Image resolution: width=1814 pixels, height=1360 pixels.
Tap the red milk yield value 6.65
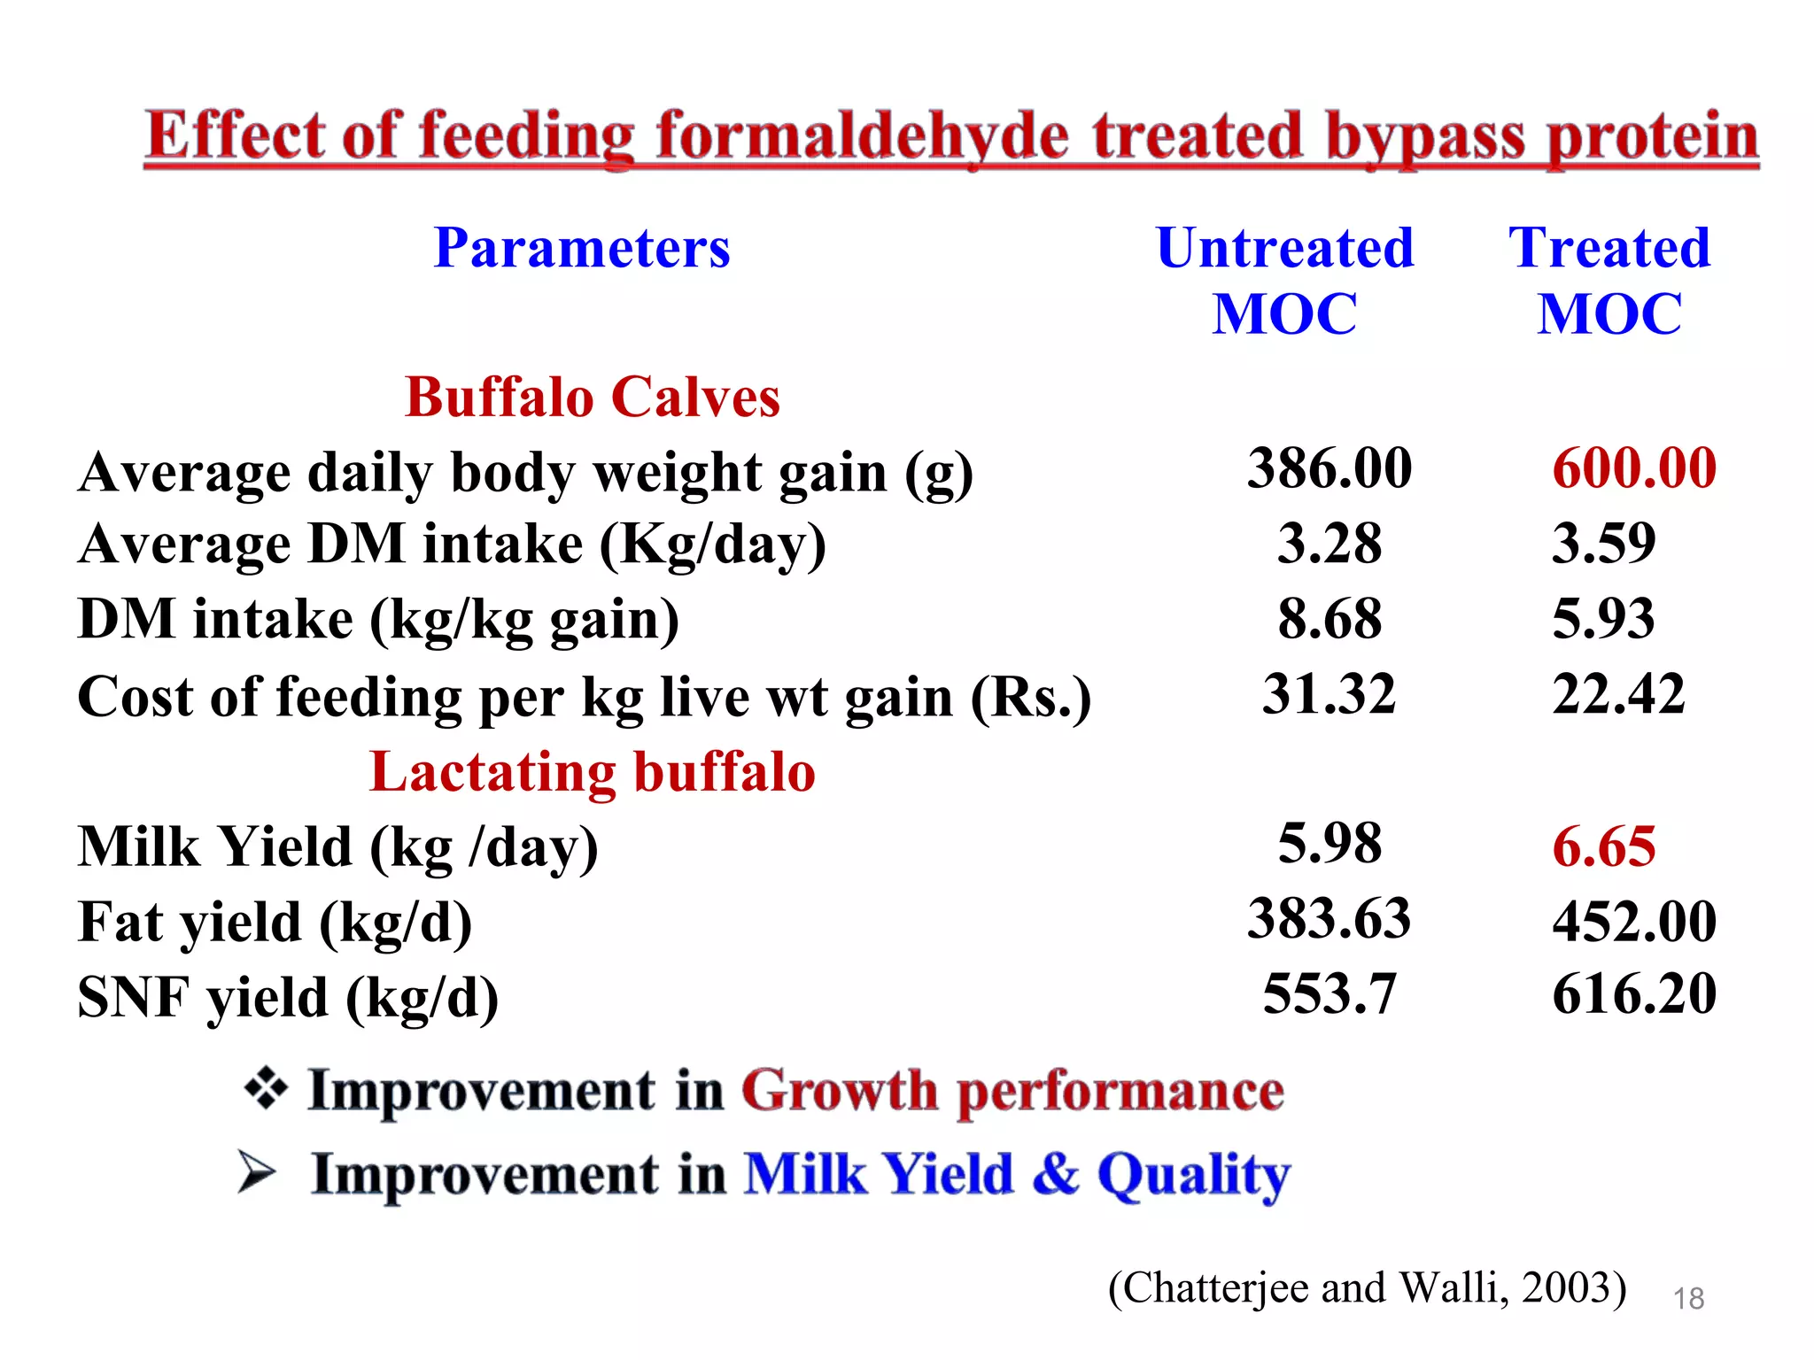coord(1603,846)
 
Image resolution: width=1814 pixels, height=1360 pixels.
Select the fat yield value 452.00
coord(1634,921)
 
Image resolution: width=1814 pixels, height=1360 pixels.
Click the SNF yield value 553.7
coord(1329,993)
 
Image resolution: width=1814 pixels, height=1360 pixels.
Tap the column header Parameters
coord(582,248)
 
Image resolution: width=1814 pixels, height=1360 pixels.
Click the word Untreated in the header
coord(1284,248)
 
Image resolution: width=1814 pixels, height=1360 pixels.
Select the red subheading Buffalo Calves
coord(592,397)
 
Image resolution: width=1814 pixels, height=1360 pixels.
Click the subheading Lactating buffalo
coord(592,772)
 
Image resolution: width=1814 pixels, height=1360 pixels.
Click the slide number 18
coord(1688,1298)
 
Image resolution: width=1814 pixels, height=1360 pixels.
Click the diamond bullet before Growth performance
coord(266,1088)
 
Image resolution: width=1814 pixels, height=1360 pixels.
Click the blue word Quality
coord(1193,1175)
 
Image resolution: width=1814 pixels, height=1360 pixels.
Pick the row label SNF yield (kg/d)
coord(288,998)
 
